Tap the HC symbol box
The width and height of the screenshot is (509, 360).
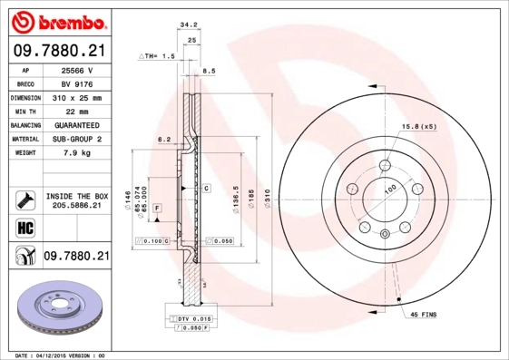[x=24, y=227]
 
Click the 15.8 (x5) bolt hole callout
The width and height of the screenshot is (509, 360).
[x=419, y=125]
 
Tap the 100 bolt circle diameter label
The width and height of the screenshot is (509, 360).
[x=391, y=188]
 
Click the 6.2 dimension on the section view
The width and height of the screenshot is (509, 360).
[x=164, y=140]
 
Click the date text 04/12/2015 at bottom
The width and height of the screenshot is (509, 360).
[x=63, y=355]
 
